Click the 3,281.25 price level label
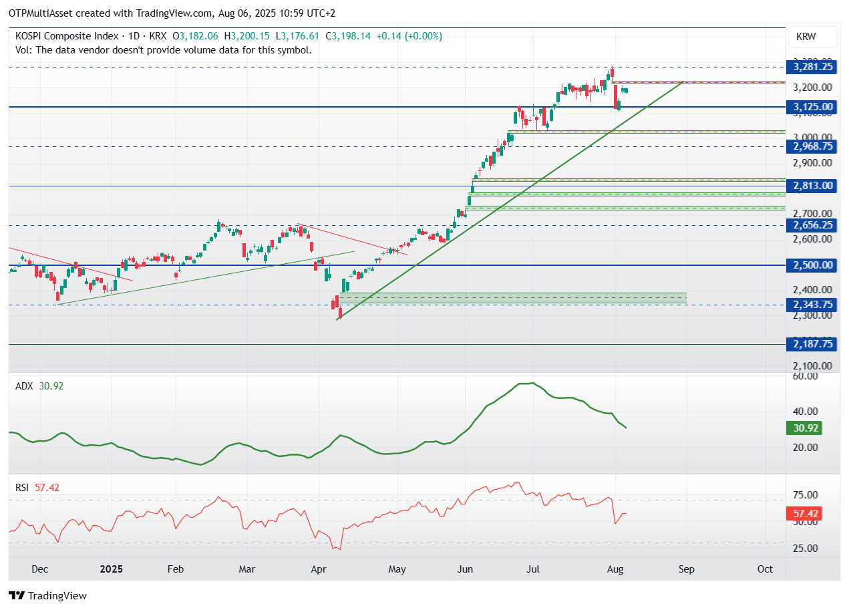(x=812, y=66)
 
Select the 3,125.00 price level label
(x=812, y=107)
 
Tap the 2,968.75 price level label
(x=812, y=146)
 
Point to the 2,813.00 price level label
(x=812, y=186)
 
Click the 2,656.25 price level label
(x=812, y=225)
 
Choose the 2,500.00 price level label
(x=812, y=265)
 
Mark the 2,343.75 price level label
(x=812, y=305)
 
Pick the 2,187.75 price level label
(x=812, y=344)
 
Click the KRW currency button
(x=806, y=37)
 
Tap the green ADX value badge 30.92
(x=804, y=428)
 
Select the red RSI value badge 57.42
(x=804, y=514)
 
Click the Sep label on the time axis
(x=687, y=569)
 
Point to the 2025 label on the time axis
(x=112, y=569)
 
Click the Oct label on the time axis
(x=766, y=569)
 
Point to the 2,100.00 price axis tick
(x=812, y=366)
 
